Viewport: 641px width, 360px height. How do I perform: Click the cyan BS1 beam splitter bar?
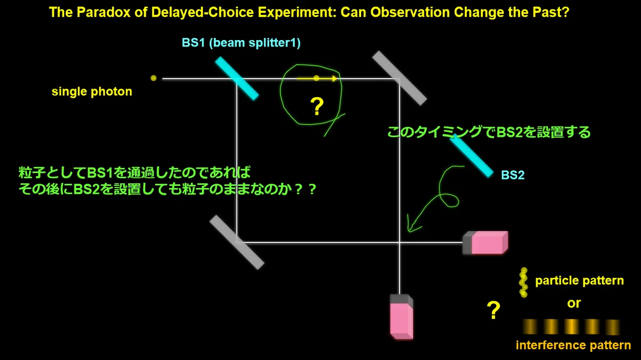pos(237,79)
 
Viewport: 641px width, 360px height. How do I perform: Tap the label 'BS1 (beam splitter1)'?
pos(241,43)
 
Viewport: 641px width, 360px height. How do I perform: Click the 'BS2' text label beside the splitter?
pos(513,175)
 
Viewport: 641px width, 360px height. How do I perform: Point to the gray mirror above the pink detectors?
pos(400,78)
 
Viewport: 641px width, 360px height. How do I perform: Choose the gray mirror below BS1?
pos(237,242)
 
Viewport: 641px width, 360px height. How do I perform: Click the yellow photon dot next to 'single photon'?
pos(154,78)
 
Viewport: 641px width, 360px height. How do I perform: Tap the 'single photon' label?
pos(92,91)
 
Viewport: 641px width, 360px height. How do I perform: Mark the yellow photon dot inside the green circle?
pos(316,78)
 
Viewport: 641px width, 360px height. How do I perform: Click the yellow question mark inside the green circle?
pos(317,106)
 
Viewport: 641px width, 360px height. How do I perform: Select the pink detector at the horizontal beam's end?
pos(486,242)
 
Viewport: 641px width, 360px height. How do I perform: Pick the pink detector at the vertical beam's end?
pos(402,317)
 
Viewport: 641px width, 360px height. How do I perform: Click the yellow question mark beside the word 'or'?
pos(494,310)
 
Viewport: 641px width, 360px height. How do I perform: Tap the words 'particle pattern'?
pos(580,281)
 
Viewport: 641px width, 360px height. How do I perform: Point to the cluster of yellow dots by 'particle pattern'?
pos(523,283)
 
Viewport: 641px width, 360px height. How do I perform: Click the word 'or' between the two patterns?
pos(574,303)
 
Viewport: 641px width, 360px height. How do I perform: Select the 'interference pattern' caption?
pos(573,346)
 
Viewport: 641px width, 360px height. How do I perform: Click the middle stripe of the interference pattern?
pos(571,326)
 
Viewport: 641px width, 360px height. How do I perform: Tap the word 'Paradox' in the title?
pos(104,13)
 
